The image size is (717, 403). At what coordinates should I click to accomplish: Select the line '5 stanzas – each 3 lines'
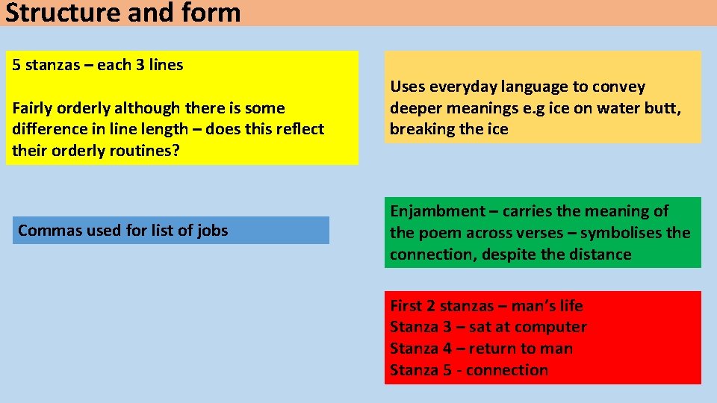[98, 65]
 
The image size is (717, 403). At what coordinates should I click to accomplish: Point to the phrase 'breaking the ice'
[449, 129]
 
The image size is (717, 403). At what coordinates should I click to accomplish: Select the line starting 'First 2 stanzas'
[486, 306]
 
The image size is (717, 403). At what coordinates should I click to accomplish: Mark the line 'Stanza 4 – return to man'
[481, 349]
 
